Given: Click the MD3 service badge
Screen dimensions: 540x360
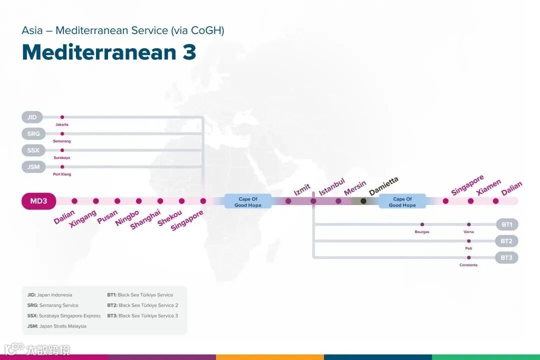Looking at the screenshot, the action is [38, 201].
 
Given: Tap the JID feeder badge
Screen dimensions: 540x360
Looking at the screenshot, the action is [32, 117].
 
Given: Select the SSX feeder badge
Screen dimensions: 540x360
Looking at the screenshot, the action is [33, 150].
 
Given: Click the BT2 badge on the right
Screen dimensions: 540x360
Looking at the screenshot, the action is [506, 241].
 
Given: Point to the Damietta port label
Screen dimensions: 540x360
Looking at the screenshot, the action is [383, 186].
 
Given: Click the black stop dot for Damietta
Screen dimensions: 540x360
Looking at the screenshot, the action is [363, 201].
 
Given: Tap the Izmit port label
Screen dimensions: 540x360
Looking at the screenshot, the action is [302, 190].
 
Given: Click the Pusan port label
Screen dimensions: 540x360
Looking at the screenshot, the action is [107, 217].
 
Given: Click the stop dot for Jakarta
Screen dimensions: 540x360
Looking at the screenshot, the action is [62, 117].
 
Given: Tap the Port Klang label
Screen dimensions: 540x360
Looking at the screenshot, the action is [62, 174].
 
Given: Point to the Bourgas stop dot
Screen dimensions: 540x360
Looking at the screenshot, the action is [422, 224].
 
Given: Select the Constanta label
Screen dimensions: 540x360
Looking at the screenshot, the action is [468, 265].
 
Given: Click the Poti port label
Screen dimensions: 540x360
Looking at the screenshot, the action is [468, 248].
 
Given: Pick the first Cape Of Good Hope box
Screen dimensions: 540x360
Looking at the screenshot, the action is [248, 201].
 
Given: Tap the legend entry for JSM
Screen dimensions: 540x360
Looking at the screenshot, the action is [57, 326].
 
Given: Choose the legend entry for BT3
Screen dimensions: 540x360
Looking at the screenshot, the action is [142, 315].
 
